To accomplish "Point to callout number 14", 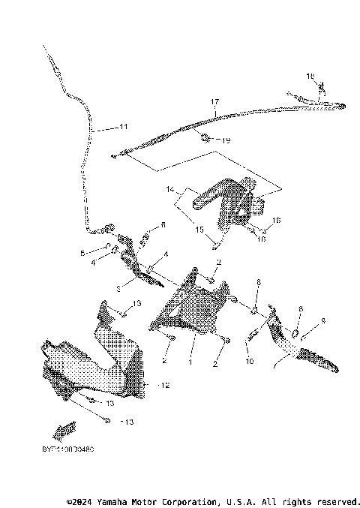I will pyautogui.click(x=170, y=189).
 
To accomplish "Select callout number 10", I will pyautogui.click(x=249, y=361).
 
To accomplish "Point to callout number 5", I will pyautogui.click(x=93, y=253).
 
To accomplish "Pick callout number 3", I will pyautogui.click(x=118, y=287).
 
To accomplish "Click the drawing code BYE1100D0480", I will pyautogui.click(x=63, y=449).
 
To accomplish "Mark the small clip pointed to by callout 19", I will pyautogui.click(x=205, y=136).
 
